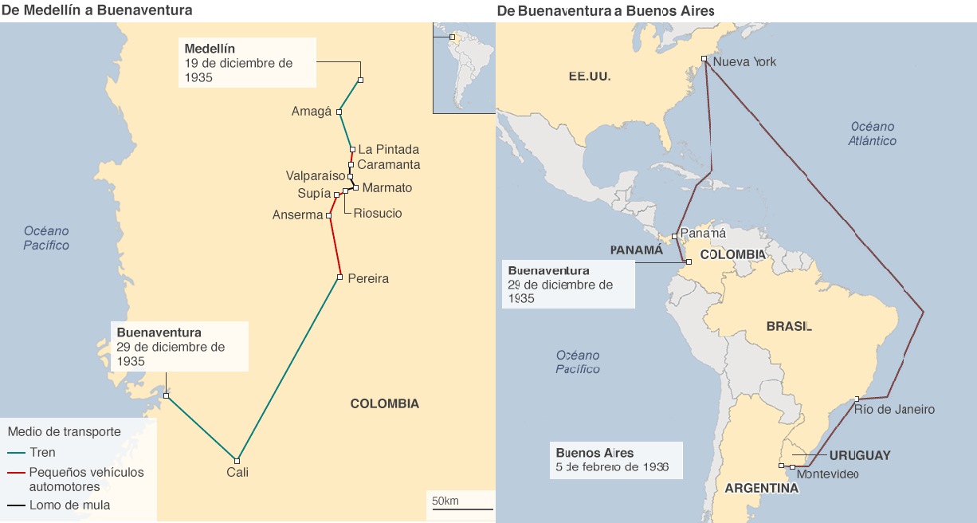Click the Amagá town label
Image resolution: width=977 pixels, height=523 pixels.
coord(311,112)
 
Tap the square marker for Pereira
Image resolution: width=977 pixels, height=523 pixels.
coord(339,277)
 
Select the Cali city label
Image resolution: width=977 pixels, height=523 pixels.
coord(237,472)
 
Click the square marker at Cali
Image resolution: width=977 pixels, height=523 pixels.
coord(237,460)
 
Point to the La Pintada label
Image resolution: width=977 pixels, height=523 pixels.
coord(388,149)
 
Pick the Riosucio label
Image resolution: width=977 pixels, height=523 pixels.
coord(378,213)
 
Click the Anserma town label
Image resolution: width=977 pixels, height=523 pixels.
coord(297,215)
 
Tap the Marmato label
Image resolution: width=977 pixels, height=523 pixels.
coord(387,187)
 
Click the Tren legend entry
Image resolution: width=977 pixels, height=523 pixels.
coord(42,452)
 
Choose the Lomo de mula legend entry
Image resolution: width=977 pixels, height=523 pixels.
coord(69,505)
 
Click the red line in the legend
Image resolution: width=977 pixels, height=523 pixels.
coord(15,472)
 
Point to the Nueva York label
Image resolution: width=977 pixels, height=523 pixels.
coord(744,61)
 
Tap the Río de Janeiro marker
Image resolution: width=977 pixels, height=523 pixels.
coord(857,399)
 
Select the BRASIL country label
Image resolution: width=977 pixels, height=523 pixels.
coord(789,326)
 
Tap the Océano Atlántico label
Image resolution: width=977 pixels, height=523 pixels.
coord(872,133)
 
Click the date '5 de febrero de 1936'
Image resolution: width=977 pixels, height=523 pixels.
coord(612,466)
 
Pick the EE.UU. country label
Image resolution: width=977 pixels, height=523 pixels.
coord(589,77)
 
